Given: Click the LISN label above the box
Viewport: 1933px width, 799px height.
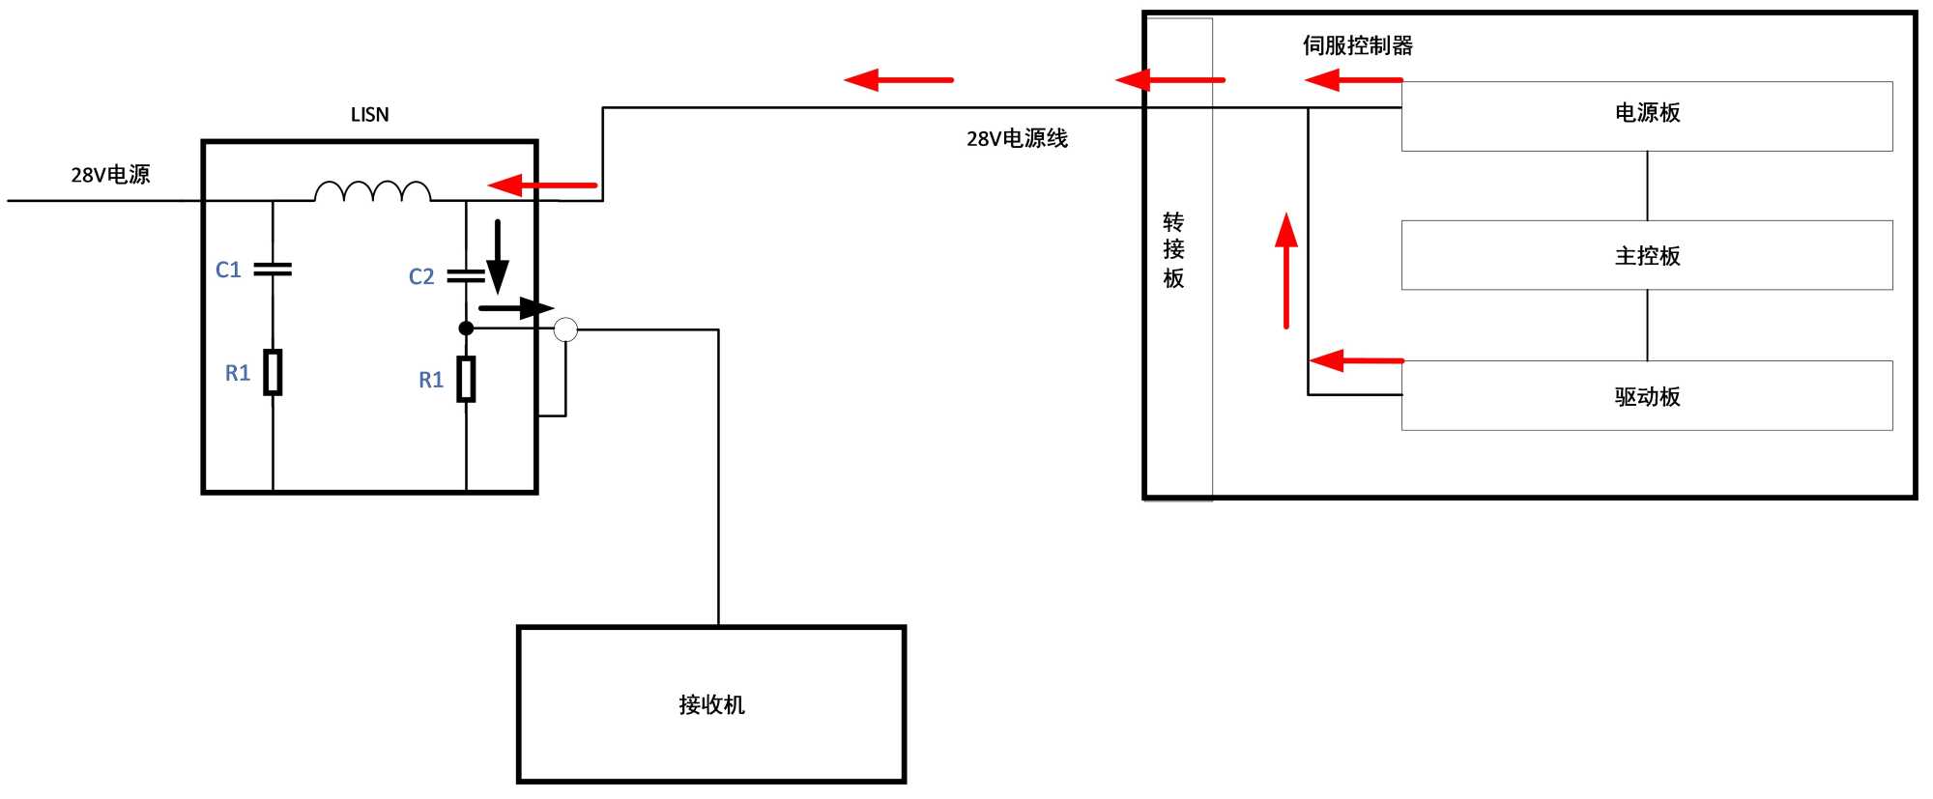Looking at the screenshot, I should tap(369, 115).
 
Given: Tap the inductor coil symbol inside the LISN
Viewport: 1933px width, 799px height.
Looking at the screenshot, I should tap(373, 191).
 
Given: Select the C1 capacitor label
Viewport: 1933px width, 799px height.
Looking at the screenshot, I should tap(228, 271).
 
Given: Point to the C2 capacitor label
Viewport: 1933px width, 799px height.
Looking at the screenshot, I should tap(421, 277).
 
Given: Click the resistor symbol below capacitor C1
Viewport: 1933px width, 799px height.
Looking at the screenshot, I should tap(274, 372).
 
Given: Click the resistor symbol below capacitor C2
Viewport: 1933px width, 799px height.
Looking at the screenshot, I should tap(467, 379).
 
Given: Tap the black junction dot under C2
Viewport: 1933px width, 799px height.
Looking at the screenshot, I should tap(466, 328).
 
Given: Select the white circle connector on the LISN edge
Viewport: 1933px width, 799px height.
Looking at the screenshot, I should tap(565, 329).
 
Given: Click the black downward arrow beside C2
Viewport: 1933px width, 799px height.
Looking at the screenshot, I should tap(498, 257).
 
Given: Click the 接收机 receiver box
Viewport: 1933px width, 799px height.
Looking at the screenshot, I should tap(711, 704).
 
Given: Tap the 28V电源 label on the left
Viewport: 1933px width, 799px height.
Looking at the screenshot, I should tap(110, 175).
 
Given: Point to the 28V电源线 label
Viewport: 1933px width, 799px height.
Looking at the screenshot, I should tap(1017, 139).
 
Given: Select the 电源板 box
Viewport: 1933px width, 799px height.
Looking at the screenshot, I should tap(1647, 116).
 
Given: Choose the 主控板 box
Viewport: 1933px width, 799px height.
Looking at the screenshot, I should tap(1647, 255).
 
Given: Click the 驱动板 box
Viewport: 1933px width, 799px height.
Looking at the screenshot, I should tap(1647, 396).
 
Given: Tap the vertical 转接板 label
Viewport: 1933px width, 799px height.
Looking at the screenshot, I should tap(1173, 250).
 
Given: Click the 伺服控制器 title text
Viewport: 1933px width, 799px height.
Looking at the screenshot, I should tap(1358, 45).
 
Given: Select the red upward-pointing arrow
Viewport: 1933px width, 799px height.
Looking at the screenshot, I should tap(1285, 271).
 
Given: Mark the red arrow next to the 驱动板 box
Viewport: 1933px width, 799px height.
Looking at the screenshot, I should tap(1356, 360).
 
